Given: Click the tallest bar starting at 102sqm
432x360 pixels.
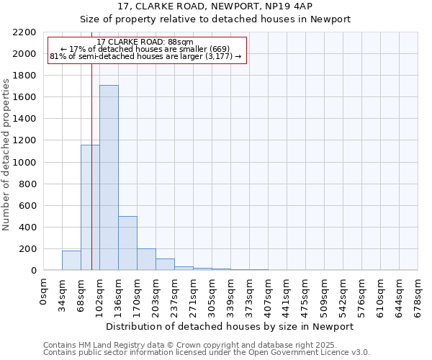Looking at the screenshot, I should tap(109, 178).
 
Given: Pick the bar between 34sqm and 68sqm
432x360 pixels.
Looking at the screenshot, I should tap(71, 261).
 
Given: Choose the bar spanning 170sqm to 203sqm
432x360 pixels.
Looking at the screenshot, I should tap(146, 259).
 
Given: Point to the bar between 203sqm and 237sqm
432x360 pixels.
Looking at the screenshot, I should tap(165, 264).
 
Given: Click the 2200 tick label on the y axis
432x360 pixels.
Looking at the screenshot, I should tap(24, 32).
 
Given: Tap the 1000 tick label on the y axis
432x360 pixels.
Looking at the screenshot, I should tap(24, 163).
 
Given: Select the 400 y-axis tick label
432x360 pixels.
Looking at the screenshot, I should tap(27, 228).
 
